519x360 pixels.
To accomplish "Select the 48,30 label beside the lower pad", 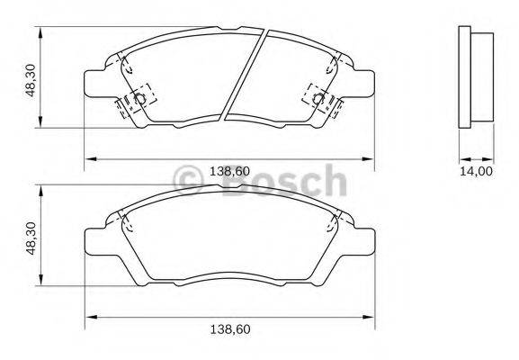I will pos(31,238).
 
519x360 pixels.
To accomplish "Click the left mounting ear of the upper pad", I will pos(95,82).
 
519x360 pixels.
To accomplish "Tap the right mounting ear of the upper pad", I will pos(364,82).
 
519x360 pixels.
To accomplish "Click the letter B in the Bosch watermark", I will pos(235,180).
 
